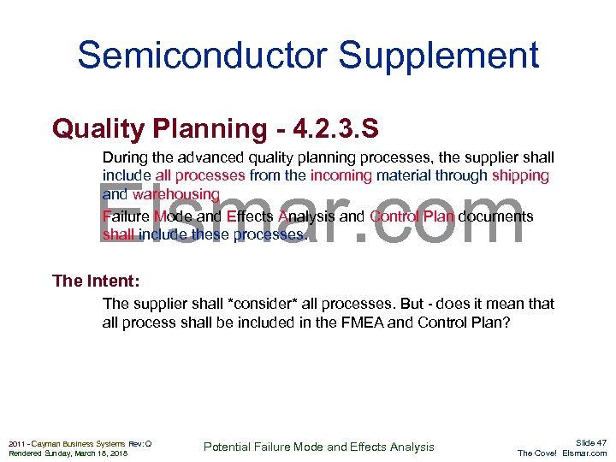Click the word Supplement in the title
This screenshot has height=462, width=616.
coord(439,56)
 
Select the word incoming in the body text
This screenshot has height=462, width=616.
coord(341,175)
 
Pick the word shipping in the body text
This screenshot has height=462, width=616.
coord(520,175)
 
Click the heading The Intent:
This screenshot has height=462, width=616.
coord(96,281)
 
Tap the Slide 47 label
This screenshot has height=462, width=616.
coord(590,442)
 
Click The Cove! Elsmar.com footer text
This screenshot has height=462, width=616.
coord(562,453)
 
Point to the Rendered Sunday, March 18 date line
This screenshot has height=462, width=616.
coord(68,453)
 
